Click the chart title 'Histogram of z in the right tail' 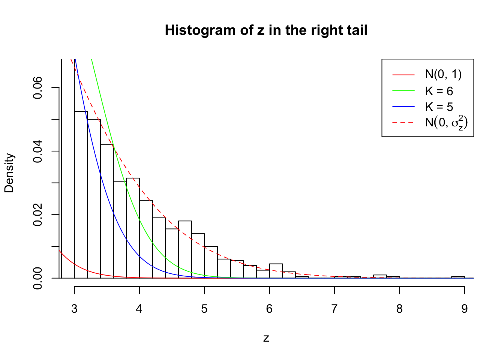point(266,30)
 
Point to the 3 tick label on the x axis point(74,309)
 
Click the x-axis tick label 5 point(204,309)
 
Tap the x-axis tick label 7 point(334,309)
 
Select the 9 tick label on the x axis point(465,309)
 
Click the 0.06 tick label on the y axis point(38,88)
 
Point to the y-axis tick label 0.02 point(38,215)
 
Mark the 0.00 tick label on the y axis point(38,278)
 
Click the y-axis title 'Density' point(9,173)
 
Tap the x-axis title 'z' point(266,338)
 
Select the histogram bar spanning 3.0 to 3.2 point(81,195)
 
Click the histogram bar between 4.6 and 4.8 point(185,250)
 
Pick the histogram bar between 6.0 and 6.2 point(276,271)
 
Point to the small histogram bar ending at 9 point(458,277)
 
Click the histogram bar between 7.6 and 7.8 point(380,276)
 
